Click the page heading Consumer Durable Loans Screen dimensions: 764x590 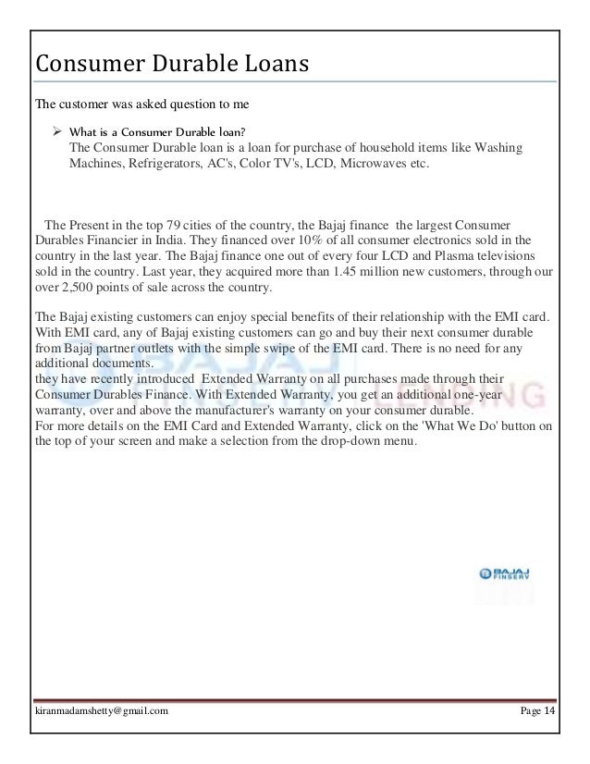170,66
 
